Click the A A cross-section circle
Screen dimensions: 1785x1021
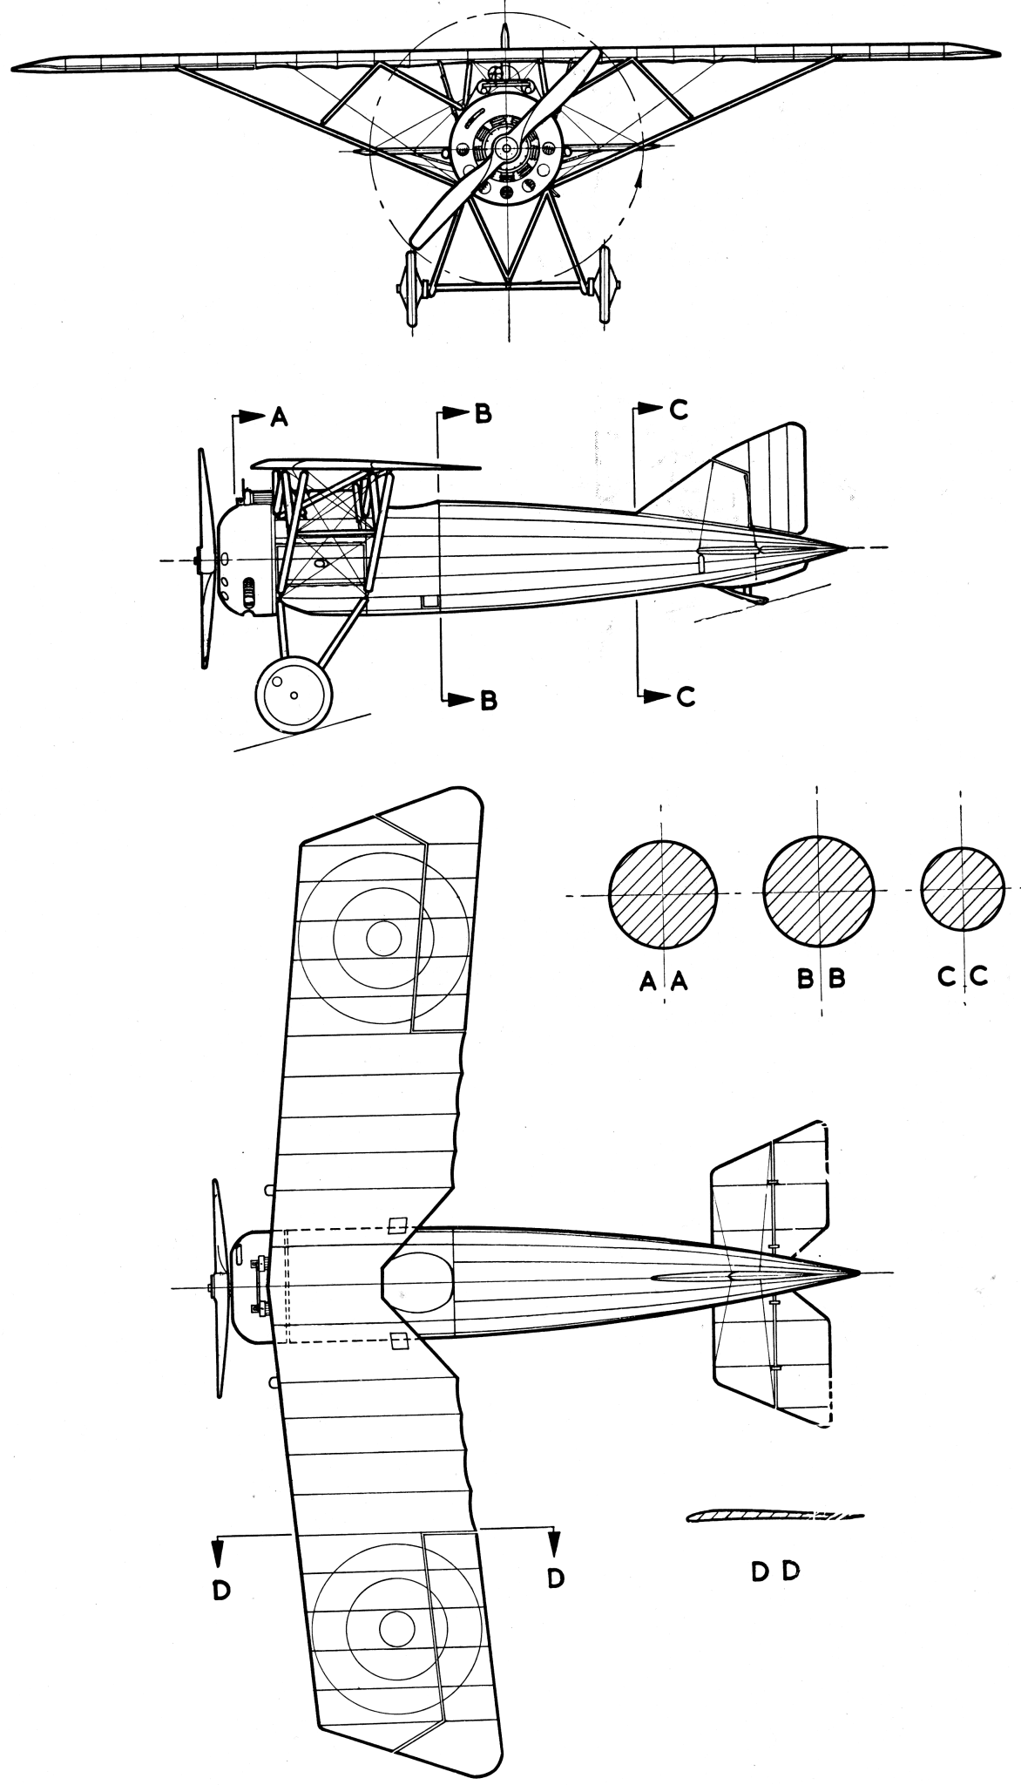pos(663,895)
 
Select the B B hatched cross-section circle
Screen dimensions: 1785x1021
pos(818,891)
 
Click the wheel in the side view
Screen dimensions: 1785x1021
pos(294,694)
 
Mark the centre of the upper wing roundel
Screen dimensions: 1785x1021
pos(384,938)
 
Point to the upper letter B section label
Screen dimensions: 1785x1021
pos(483,414)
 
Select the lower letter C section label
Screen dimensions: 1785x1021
pos(686,696)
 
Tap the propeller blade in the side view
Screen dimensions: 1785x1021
pos(206,558)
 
